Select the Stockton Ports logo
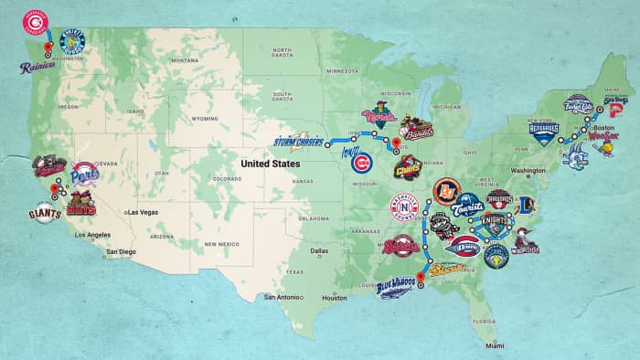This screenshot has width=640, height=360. point(84,174)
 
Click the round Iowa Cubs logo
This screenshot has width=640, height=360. point(362,165)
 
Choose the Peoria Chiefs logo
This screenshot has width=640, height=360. point(407,168)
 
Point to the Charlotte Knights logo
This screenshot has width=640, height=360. point(498,222)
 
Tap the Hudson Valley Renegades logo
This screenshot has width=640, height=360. point(543,133)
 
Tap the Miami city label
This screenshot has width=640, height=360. point(495,345)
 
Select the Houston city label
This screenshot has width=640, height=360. point(335,298)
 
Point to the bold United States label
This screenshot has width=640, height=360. point(272,164)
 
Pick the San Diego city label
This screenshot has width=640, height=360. point(122,251)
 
